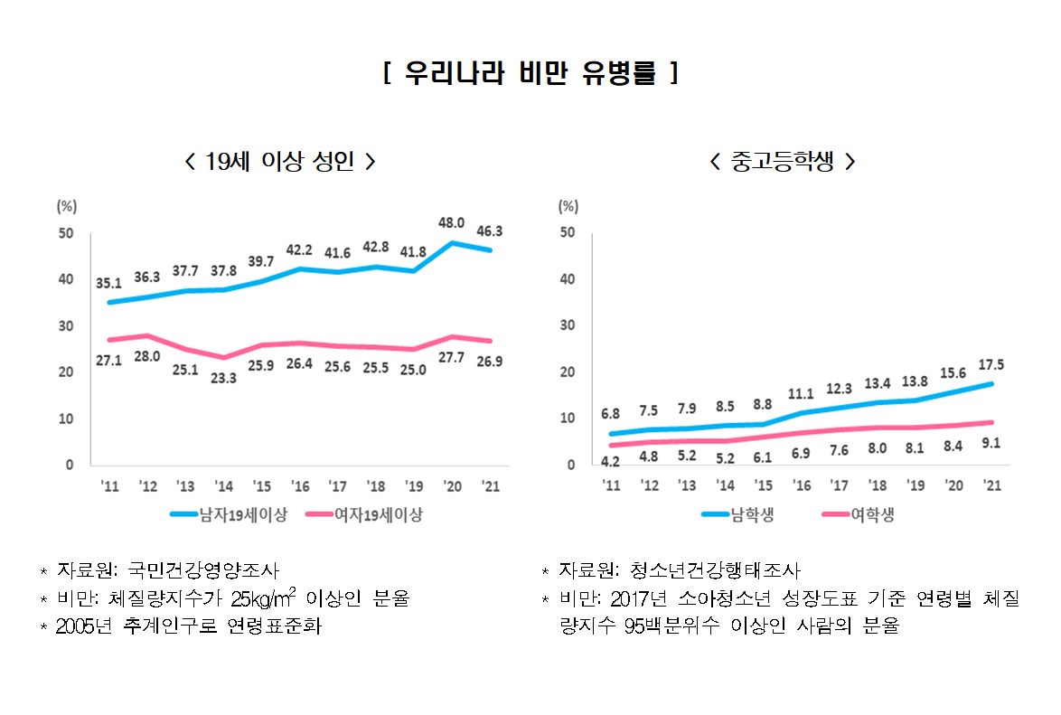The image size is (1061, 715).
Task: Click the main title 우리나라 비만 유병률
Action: pos(530,73)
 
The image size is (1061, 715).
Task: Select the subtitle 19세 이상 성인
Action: pos(279,162)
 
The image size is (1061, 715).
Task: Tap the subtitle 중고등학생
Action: pos(783,162)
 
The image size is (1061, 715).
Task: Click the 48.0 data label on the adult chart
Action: pos(451,222)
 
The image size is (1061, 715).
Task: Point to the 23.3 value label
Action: pos(223,378)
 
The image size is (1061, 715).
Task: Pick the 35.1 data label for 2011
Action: pos(108,283)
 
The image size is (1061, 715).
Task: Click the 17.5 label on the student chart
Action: pos(991,364)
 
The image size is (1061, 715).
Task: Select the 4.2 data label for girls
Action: pos(611,462)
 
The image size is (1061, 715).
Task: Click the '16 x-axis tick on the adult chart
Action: pos(299,485)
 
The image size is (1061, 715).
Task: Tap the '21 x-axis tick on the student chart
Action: pos(991,485)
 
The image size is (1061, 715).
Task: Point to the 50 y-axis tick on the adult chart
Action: pos(66,233)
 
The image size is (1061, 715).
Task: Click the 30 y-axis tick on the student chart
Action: pos(568,325)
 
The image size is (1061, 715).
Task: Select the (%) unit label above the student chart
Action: pos(568,205)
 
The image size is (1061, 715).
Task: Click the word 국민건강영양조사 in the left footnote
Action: pos(202,570)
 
